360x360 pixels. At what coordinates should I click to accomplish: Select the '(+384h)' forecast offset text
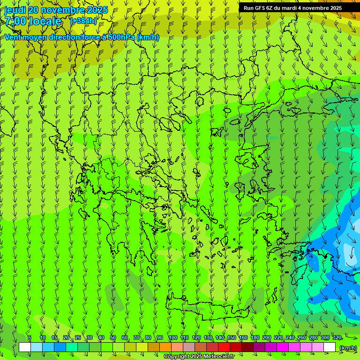[x=83, y=21]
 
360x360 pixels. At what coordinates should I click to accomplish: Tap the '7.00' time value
[x=15, y=21]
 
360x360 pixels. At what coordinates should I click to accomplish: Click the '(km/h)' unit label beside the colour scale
[x=347, y=348]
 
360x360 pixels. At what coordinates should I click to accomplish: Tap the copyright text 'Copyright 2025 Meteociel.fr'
[x=199, y=357]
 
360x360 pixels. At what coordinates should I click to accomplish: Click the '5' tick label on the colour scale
[x=30, y=338]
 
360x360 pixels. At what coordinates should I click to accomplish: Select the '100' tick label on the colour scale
[x=173, y=338]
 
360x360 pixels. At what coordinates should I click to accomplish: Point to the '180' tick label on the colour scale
[x=255, y=338]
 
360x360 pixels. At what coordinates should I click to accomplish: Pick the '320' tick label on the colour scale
[x=337, y=338]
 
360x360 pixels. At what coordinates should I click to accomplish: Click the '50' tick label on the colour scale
[x=113, y=338]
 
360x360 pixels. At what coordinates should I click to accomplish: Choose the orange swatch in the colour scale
[x=165, y=347]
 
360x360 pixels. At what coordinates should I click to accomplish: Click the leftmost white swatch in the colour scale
[x=25, y=347]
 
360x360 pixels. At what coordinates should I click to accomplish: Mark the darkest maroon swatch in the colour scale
[x=247, y=347]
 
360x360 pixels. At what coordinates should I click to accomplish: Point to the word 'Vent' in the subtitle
[x=13, y=37]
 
